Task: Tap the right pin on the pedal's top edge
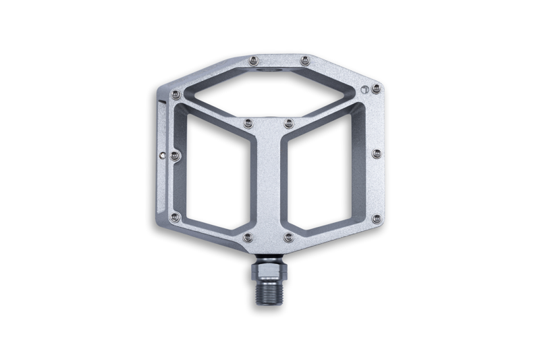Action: tap(305, 60)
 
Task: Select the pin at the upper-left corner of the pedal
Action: tap(176, 94)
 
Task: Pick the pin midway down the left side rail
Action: tap(175, 155)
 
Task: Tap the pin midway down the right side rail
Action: tap(377, 154)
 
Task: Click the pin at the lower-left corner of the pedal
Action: tap(175, 217)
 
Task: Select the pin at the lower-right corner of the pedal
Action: tap(376, 218)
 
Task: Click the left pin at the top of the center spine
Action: tap(248, 123)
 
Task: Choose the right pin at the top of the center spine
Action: tap(289, 123)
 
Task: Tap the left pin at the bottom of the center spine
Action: tap(248, 237)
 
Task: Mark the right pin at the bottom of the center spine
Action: tap(289, 237)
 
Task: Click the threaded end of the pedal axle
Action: tap(269, 290)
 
